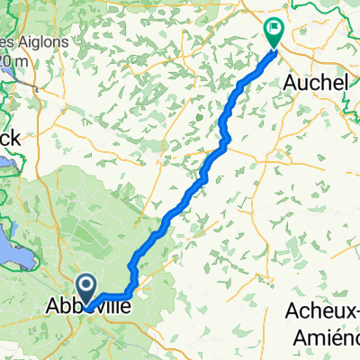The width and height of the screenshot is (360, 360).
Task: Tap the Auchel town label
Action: (x=316, y=82)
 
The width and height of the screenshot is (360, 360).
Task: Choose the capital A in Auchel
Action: (x=290, y=82)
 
